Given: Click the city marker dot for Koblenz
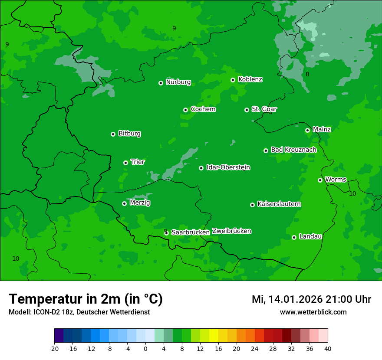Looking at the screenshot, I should pos(233,80).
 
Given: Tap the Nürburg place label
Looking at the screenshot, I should pos(178,82).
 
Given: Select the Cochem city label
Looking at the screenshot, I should pos(203,109).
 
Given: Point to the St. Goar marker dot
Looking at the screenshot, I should pos(247,110).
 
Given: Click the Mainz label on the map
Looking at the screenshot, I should pos(322,129).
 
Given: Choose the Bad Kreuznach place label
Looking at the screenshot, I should pos(293,150).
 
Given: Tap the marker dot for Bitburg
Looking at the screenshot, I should pos(113,134).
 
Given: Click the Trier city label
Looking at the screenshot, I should pos(138,162).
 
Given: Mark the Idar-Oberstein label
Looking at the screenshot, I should pos(228,167).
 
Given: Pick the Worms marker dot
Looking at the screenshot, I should pos(320,180).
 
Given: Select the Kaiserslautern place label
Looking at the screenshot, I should pos(279,204).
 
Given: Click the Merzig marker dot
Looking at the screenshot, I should pos(124,203).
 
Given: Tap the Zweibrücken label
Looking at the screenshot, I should pos(231,231).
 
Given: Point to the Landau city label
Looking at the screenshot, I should pos(310,236).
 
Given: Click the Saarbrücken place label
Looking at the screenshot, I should pos(191,232).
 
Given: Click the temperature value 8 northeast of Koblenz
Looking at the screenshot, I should pos(307,74).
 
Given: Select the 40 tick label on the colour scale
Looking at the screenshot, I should pos(327,349).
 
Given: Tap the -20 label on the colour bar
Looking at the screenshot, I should pos(54,349).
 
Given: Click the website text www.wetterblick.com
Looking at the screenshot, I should pos(313,312).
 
